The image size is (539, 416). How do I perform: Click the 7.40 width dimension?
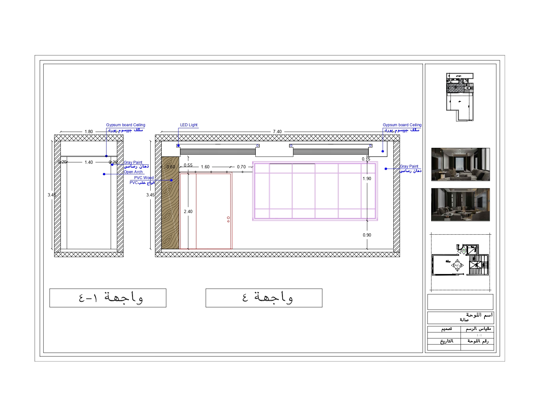coord(277,131)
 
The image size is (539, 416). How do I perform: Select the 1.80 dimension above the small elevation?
coord(89,131)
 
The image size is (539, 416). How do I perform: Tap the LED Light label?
coord(189,125)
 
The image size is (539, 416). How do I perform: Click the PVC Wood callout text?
coord(144,178)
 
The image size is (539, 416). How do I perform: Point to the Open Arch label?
coord(133,172)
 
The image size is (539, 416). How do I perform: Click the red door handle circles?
coord(228,219)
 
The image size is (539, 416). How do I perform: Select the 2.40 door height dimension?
coord(188,211)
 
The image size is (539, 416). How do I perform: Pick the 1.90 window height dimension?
coord(367,178)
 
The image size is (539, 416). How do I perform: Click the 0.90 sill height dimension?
coord(367,235)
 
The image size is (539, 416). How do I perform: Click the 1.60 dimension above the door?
coord(205,167)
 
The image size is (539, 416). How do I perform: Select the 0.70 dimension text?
coord(241,167)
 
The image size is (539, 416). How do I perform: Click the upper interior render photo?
coord(460,164)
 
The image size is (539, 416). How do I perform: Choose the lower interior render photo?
coord(460,205)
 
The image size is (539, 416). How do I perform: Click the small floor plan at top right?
coord(460,97)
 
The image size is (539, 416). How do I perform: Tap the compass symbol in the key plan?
coord(457,265)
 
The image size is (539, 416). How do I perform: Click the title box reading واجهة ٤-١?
coord(108,298)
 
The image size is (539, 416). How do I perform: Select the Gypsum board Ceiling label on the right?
coord(402,125)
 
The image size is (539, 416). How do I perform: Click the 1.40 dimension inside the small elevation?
coord(89,162)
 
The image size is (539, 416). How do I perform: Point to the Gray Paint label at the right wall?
coord(409,166)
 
